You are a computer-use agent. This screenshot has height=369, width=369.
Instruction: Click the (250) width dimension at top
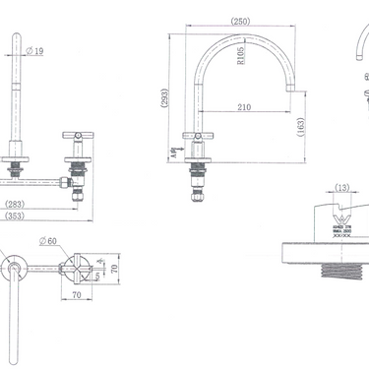point(239,22)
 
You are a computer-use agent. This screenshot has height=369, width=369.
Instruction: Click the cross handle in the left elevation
point(80,134)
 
